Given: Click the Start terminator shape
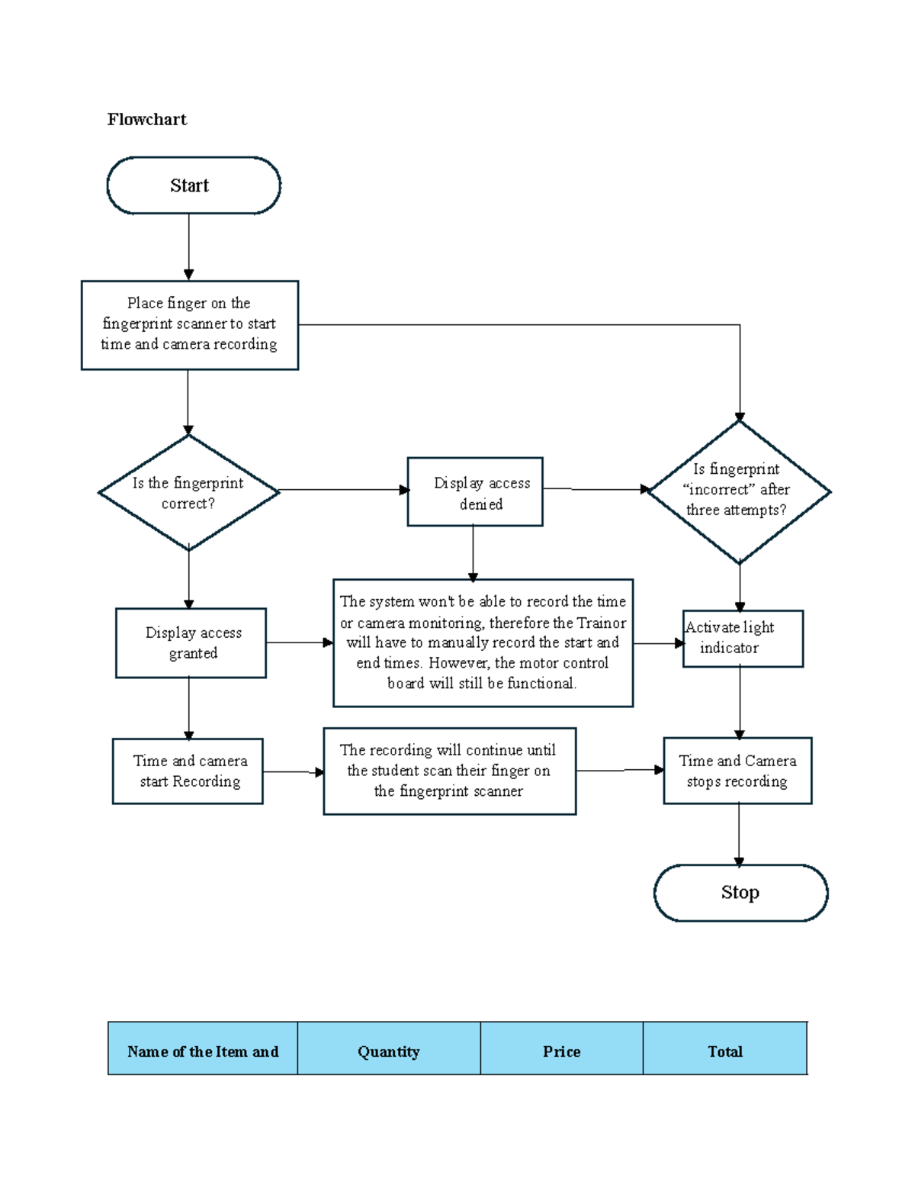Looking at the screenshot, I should click(194, 185).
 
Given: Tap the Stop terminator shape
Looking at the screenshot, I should click(740, 893).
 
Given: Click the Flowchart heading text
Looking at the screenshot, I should click(147, 120).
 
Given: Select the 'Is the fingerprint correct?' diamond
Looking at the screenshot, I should click(188, 493).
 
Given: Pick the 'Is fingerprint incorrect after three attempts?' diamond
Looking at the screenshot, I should click(738, 491).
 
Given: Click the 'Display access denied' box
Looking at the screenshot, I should click(475, 492).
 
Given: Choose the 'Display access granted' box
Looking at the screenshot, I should click(191, 642).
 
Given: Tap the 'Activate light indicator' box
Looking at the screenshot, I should click(743, 639).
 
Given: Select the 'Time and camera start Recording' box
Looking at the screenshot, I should click(188, 771).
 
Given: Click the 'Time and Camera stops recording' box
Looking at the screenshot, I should click(737, 771).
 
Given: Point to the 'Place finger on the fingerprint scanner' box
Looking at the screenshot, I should click(190, 325).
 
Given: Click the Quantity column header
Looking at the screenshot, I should click(389, 1051).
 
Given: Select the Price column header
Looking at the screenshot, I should click(562, 1051).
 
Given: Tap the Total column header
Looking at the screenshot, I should click(725, 1051).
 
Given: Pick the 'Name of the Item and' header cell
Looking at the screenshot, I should click(203, 1051).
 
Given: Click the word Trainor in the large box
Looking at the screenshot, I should click(602, 623).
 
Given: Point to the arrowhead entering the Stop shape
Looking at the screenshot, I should click(739, 861).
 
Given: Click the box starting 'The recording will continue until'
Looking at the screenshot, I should click(450, 771).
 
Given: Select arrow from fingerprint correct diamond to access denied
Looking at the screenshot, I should click(343, 490).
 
